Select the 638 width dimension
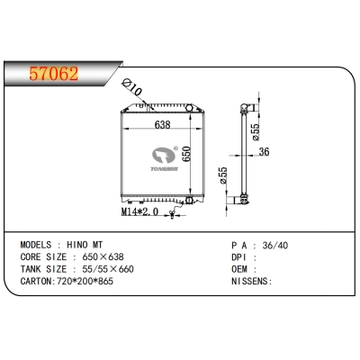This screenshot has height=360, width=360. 162,125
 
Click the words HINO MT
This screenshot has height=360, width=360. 85,244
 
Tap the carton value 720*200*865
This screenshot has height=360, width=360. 82,281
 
